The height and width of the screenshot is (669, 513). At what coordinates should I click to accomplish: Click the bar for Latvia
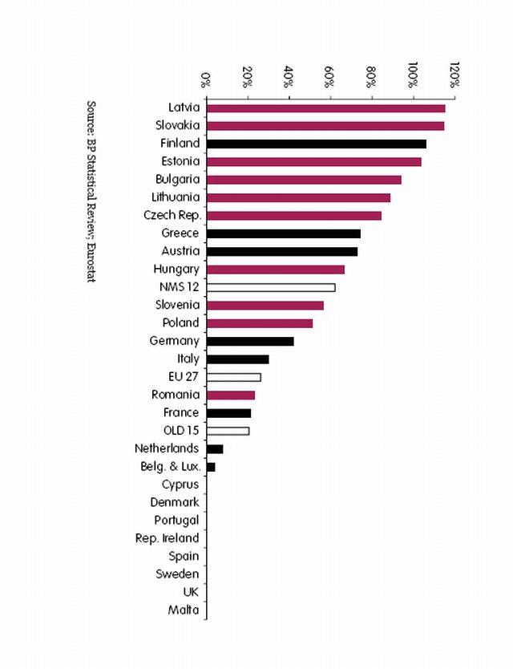tap(325, 107)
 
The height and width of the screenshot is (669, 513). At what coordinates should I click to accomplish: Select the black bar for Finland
tap(316, 144)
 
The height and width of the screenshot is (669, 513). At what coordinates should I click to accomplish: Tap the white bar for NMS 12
tap(270, 287)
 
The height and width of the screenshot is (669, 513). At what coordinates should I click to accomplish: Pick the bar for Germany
tap(250, 341)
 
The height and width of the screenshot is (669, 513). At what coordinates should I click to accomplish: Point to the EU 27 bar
tap(233, 377)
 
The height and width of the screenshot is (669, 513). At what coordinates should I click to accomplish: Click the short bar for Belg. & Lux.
tap(211, 467)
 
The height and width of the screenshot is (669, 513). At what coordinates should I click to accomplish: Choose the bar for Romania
tap(230, 395)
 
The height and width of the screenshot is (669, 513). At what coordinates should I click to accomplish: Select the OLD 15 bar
tap(228, 431)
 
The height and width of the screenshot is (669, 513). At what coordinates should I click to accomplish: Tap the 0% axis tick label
tap(206, 78)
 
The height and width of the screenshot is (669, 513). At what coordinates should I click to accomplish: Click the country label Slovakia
tap(177, 125)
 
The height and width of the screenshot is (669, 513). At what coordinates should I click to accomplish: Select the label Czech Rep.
tap(172, 215)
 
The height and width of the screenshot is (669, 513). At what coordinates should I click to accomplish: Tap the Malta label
tap(184, 610)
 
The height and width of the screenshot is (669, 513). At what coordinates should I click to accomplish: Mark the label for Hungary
tap(176, 269)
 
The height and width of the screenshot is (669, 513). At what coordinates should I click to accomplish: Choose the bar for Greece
tap(283, 233)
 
